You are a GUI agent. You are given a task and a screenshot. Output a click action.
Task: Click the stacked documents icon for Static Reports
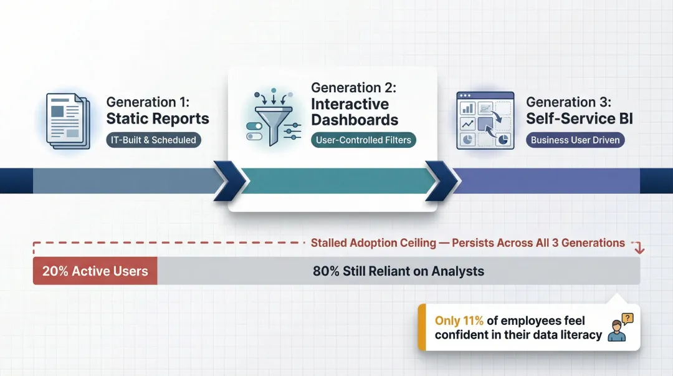click(65, 120)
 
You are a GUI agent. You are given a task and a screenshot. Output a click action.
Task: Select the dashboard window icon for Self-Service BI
click(485, 120)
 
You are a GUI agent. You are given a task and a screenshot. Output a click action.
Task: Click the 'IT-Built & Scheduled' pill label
click(154, 140)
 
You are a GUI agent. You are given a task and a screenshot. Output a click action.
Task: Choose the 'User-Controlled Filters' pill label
click(363, 140)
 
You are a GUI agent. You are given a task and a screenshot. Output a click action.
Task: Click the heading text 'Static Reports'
click(158, 118)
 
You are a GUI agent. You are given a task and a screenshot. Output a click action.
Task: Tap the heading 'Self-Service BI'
click(580, 118)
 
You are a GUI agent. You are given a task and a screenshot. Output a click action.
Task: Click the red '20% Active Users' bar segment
click(95, 271)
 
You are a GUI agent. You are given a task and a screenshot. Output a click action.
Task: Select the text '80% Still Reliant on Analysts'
click(398, 271)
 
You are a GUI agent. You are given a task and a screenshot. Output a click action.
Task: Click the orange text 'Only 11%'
click(459, 321)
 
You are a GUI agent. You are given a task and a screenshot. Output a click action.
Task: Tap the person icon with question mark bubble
click(618, 328)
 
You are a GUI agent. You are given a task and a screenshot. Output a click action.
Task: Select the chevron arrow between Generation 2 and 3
click(443, 181)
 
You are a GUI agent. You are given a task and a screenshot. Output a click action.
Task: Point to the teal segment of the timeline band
click(336, 181)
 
